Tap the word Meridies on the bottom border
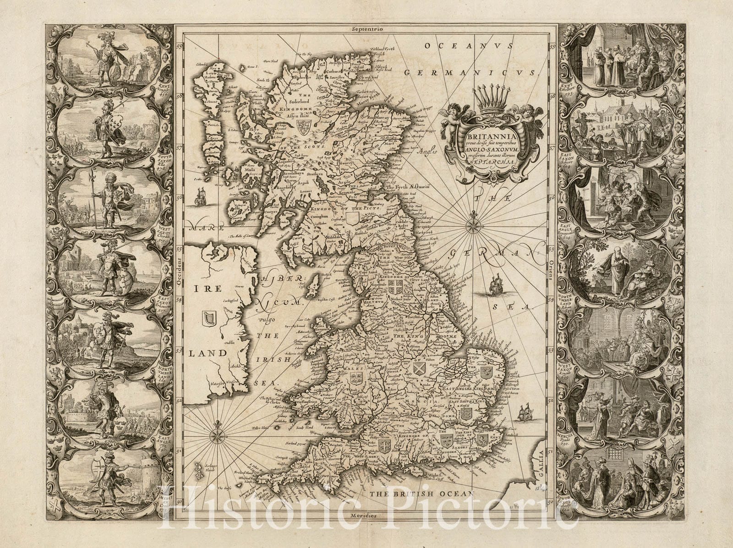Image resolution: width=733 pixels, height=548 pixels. pyautogui.click(x=365, y=515)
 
